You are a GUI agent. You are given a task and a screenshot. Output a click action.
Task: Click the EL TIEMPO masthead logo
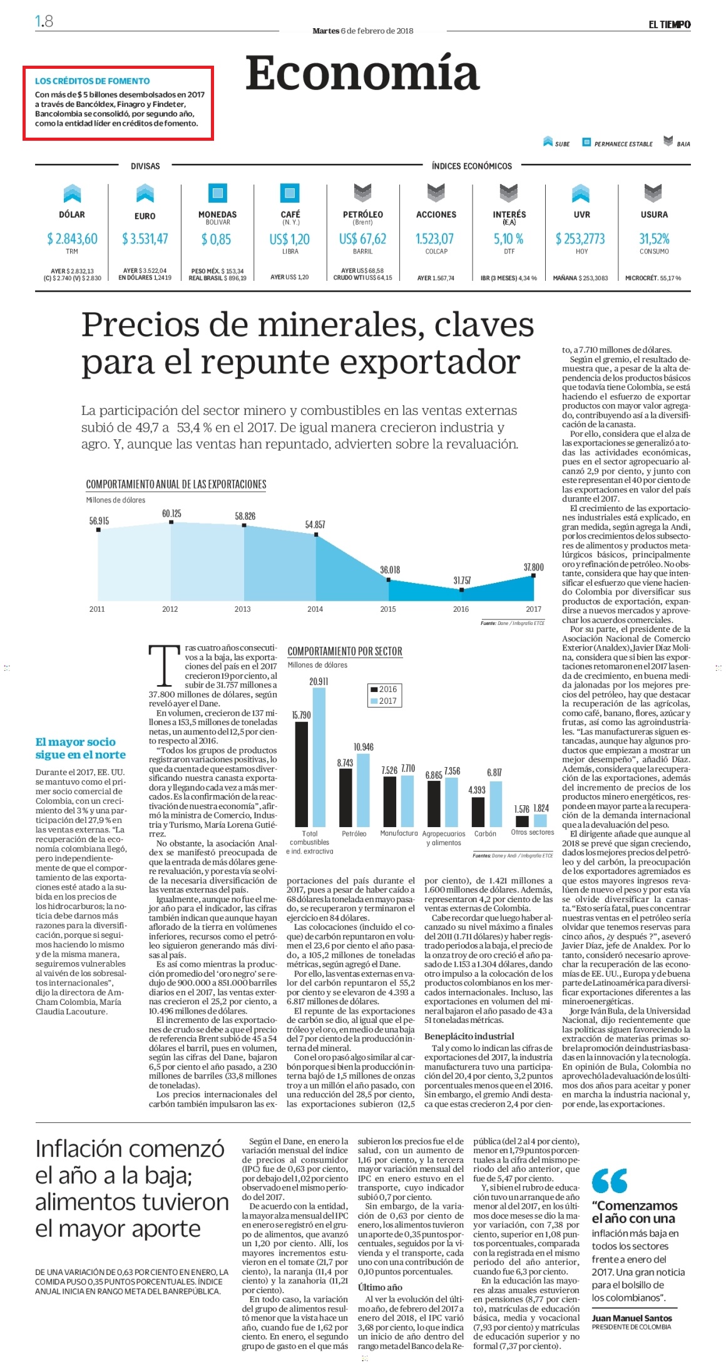(x=669, y=24)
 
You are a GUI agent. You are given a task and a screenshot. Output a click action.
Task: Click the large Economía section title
(x=362, y=73)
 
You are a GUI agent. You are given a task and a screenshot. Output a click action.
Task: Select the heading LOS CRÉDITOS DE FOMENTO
(x=92, y=81)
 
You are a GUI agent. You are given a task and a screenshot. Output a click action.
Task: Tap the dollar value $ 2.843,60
(x=72, y=238)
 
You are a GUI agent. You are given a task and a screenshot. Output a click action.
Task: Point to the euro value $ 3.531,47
(x=145, y=238)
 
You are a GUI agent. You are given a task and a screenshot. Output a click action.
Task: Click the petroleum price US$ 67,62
(x=363, y=238)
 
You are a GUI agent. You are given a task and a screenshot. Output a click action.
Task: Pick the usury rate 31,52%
(x=654, y=238)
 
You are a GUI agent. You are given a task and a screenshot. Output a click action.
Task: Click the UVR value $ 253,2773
(x=581, y=238)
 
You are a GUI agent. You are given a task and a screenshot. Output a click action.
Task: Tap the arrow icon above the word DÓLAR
(x=72, y=193)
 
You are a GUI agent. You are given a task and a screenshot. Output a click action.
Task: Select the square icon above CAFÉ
(x=290, y=193)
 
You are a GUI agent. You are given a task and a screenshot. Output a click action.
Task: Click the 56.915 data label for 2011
(x=99, y=521)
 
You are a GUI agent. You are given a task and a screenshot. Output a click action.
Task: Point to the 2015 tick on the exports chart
(x=388, y=609)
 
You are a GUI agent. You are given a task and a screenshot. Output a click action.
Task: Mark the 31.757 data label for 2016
(x=462, y=581)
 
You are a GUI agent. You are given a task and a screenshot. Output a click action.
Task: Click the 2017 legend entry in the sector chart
(x=384, y=701)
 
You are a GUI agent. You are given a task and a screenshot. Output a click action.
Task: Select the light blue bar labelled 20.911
(x=319, y=758)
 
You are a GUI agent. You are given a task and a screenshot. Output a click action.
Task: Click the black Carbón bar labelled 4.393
(x=478, y=812)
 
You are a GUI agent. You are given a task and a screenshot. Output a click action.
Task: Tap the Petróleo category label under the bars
(x=354, y=833)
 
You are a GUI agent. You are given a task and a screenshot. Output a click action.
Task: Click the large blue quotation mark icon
(x=610, y=1181)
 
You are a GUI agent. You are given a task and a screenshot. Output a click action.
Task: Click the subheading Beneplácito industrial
(x=469, y=1036)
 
